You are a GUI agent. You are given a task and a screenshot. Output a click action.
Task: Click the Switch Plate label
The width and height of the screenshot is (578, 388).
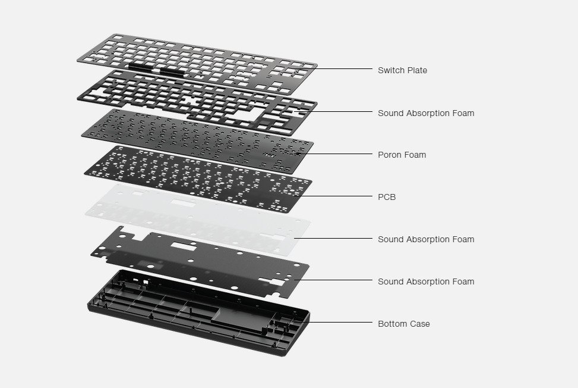tap(402, 70)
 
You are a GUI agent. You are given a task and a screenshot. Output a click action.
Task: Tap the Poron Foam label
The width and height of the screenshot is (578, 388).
tap(402, 155)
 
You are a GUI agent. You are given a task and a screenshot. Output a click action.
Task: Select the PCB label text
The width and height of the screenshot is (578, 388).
tap(387, 197)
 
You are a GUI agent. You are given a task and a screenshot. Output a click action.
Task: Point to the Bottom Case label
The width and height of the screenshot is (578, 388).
tap(403, 324)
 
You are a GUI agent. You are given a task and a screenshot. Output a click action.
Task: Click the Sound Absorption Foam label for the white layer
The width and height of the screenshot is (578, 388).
tap(426, 239)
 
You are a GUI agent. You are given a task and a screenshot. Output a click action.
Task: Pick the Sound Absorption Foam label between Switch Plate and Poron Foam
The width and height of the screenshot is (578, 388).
tap(426, 113)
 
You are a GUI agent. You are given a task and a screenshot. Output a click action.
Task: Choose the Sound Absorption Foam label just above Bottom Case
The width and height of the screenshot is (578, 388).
tap(426, 281)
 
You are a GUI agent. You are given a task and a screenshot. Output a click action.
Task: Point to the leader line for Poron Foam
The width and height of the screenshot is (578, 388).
tap(335, 154)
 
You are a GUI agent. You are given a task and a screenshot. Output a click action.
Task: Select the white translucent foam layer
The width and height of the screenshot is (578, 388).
tap(198, 220)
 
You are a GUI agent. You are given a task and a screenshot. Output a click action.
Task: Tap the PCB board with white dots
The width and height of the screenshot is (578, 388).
tap(198, 179)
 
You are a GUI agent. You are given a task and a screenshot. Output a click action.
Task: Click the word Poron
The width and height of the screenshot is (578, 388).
tap(389, 155)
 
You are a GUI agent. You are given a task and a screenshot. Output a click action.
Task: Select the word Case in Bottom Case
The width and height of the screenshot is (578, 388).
tap(420, 324)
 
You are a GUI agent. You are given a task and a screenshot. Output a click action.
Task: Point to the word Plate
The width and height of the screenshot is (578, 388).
tap(416, 70)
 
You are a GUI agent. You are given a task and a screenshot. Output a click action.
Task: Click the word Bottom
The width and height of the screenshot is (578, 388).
tap(393, 324)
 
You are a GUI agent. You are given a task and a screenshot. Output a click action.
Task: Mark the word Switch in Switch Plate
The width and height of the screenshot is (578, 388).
tap(391, 70)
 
